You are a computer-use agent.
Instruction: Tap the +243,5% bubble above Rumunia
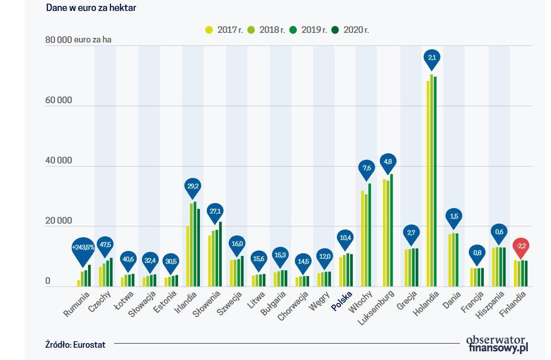[83, 248]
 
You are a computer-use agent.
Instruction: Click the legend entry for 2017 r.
[224, 30]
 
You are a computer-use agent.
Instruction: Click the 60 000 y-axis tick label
[58, 100]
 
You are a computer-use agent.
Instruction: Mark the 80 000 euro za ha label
[78, 40]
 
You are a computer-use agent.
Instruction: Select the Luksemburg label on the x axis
[376, 308]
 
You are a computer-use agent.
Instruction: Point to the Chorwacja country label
[292, 306]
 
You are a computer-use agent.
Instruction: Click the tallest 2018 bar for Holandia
[431, 180]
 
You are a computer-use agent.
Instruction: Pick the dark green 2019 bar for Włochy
[370, 235]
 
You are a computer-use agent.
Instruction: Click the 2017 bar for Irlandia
[188, 256]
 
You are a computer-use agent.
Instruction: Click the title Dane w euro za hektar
[91, 8]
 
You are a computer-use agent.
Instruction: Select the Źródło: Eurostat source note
[75, 345]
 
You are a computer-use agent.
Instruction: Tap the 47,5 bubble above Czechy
[105, 245]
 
